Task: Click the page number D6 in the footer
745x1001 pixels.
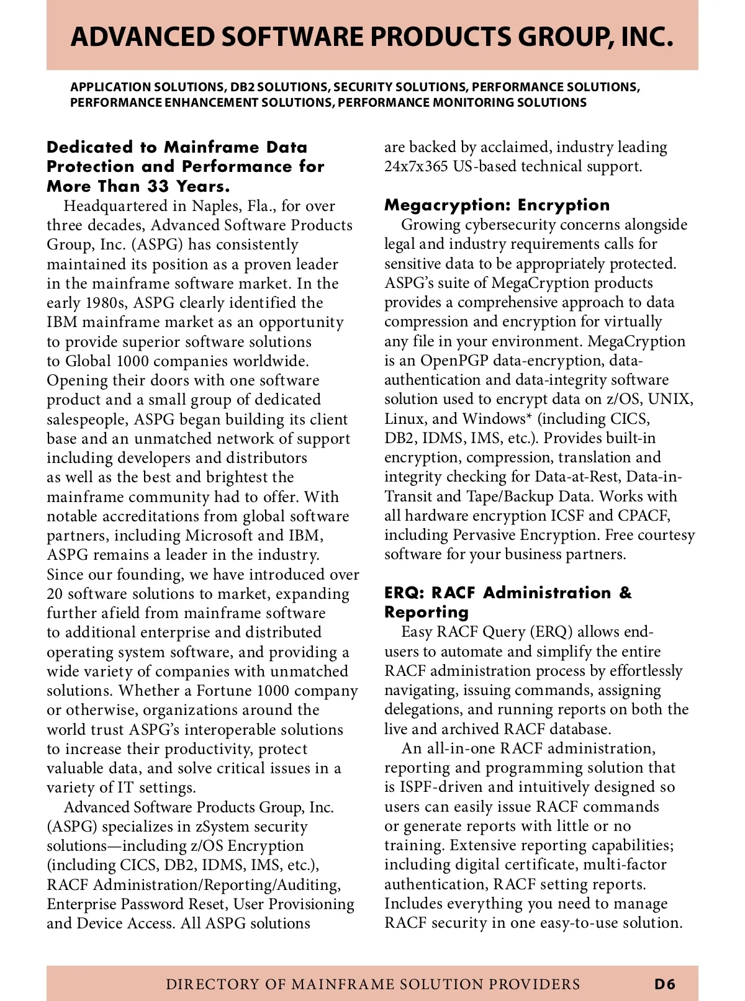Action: point(664,984)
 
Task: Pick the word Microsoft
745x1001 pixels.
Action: point(219,536)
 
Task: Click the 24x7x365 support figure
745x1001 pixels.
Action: point(415,166)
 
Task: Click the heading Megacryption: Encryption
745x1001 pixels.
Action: point(497,205)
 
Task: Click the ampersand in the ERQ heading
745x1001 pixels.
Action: point(625,593)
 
